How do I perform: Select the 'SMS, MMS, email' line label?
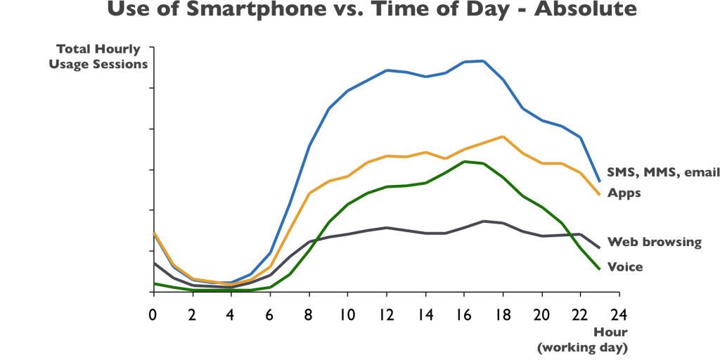click(662, 173)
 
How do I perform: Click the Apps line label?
click(624, 193)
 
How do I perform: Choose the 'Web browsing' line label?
click(655, 243)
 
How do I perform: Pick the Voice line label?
click(624, 267)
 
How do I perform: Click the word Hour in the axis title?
click(610, 332)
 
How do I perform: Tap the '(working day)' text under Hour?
click(582, 347)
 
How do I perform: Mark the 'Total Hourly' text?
click(98, 50)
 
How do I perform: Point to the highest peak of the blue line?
click(482, 60)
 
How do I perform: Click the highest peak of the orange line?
click(501, 136)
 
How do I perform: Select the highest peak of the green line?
click(465, 161)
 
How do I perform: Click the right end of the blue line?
click(599, 181)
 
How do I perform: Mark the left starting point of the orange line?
click(154, 232)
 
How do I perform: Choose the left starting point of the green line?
click(155, 283)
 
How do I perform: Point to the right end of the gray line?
click(599, 247)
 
